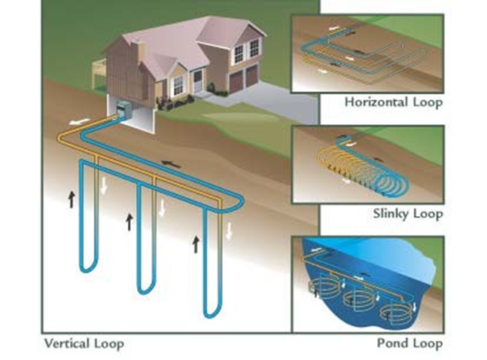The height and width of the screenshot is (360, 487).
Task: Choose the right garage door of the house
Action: coord(251,74)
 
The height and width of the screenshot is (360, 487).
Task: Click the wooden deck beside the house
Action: coord(99,72)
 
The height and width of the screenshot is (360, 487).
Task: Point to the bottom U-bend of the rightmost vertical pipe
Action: coord(210,310)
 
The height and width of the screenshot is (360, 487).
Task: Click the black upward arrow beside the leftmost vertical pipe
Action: coord(72,200)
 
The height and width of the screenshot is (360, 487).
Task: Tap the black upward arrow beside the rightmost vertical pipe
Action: coord(197,243)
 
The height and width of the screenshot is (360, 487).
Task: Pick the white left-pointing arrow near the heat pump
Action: coord(77,120)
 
